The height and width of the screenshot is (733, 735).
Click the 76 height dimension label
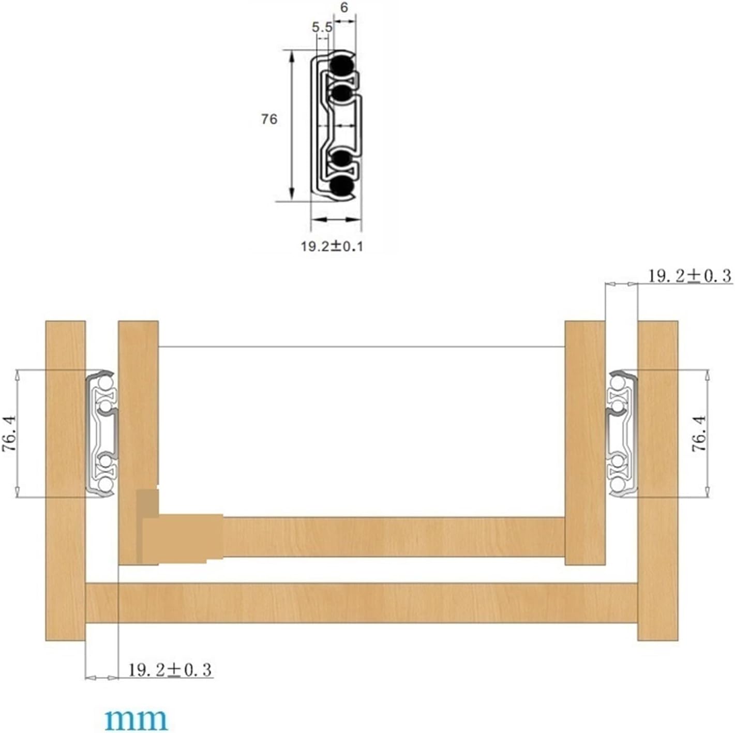(x=269, y=119)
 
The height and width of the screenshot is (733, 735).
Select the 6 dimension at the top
(x=344, y=8)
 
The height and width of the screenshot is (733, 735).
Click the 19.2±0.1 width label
(x=332, y=246)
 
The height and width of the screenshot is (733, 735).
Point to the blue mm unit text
(x=136, y=719)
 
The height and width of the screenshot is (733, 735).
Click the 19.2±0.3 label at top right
(x=690, y=276)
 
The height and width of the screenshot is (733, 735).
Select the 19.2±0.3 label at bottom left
(x=170, y=670)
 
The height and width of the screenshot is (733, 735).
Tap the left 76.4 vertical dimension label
(x=10, y=433)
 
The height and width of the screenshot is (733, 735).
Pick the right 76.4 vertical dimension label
(x=699, y=433)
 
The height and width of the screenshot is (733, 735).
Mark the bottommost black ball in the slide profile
(x=341, y=186)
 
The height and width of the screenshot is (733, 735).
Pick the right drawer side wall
(x=584, y=414)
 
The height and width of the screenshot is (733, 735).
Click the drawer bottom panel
(x=393, y=536)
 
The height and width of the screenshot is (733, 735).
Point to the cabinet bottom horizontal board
(x=362, y=603)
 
